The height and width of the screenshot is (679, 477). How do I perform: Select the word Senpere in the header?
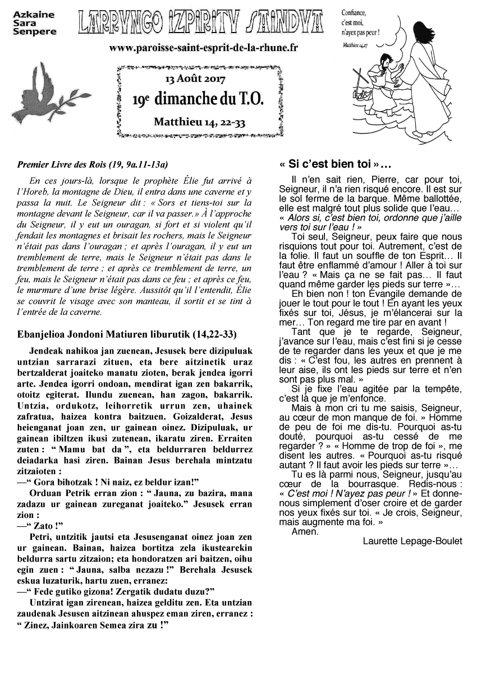pos(34,32)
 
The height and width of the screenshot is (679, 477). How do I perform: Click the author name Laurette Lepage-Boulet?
pos(412,541)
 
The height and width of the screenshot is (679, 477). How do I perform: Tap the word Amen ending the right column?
pos(305,531)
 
